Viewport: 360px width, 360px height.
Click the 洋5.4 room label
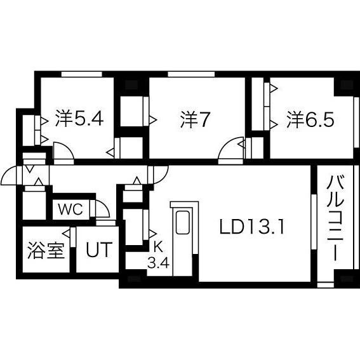coord(78,119)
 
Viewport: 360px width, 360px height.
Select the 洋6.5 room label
coord(310,119)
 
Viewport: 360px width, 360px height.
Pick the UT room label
coord(98,250)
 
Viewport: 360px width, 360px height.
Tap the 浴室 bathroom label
coord(46,250)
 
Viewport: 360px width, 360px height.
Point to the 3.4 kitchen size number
coord(157,262)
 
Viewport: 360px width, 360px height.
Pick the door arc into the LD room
coord(159,173)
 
